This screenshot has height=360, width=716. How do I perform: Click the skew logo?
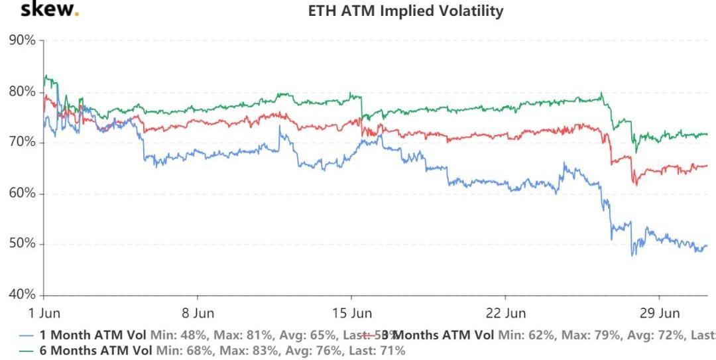(x=50, y=9)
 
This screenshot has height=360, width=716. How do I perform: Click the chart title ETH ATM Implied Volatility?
(x=406, y=11)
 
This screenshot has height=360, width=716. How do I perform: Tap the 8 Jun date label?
(x=197, y=313)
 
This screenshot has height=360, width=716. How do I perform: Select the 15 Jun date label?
(x=351, y=313)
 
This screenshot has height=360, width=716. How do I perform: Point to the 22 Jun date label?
(x=505, y=313)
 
